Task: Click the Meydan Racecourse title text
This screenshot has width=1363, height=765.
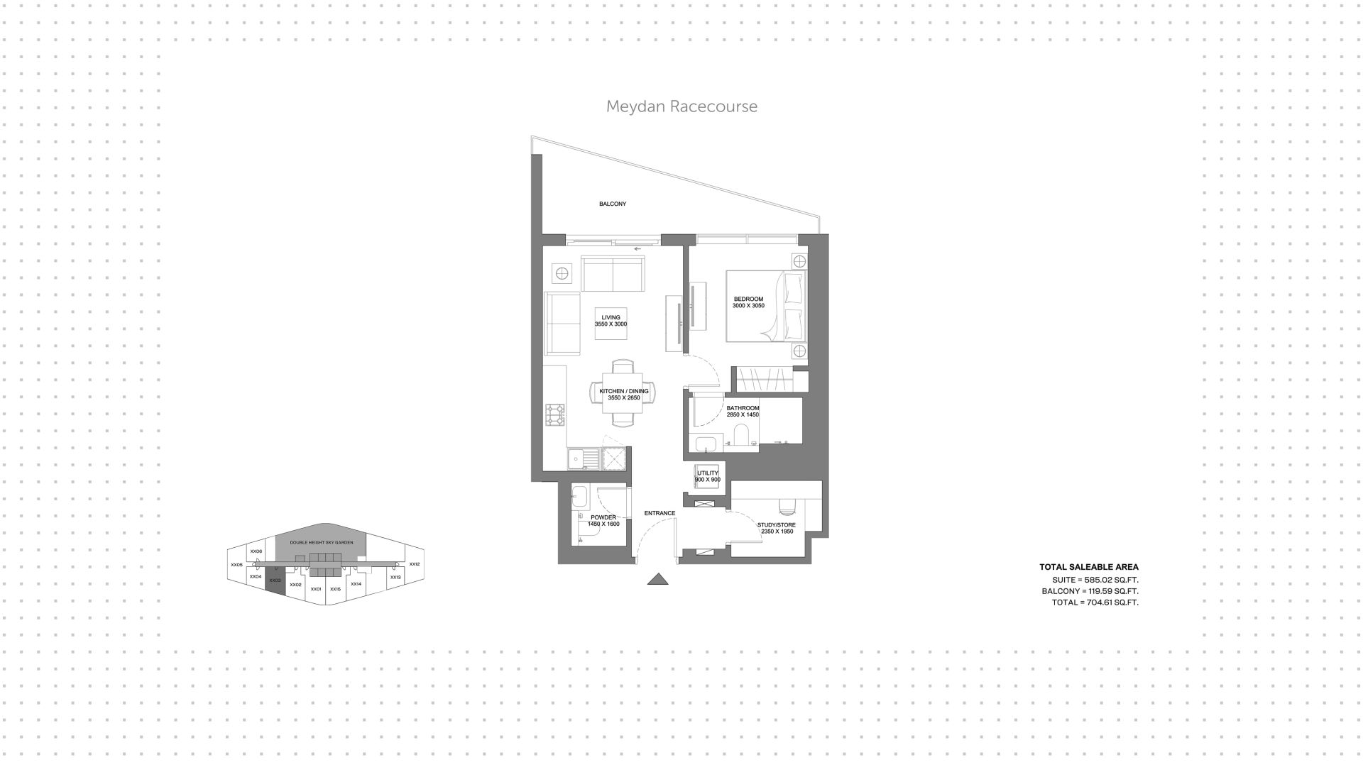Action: [x=681, y=106]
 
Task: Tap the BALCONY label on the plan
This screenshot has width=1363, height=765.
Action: [x=613, y=204]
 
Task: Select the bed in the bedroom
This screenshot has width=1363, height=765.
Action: [x=765, y=306]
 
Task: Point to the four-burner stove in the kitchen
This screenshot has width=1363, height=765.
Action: [x=555, y=415]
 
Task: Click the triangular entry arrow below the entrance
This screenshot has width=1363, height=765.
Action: [x=658, y=579]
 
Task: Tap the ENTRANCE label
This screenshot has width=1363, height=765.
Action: [x=659, y=513]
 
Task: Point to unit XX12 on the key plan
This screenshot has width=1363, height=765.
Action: [x=415, y=564]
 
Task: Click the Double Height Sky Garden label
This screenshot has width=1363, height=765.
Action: [x=321, y=543]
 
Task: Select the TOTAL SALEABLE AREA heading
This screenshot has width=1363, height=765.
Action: [x=1088, y=567]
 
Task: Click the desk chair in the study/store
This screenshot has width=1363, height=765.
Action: [x=787, y=506]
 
